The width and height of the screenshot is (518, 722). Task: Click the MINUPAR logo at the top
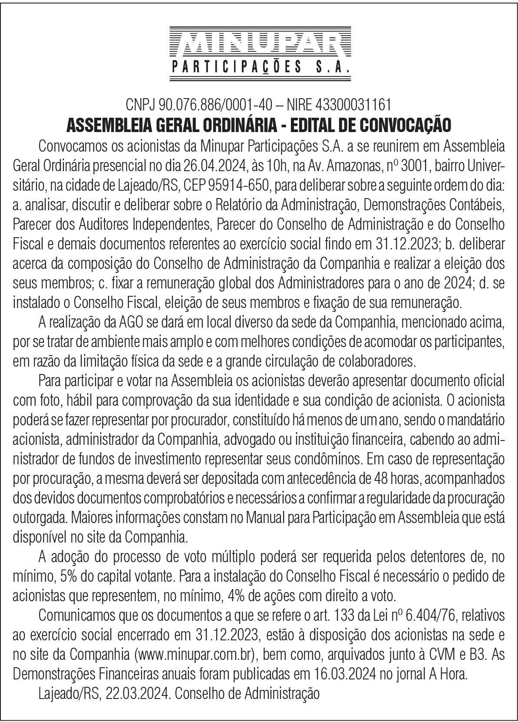[259, 43]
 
